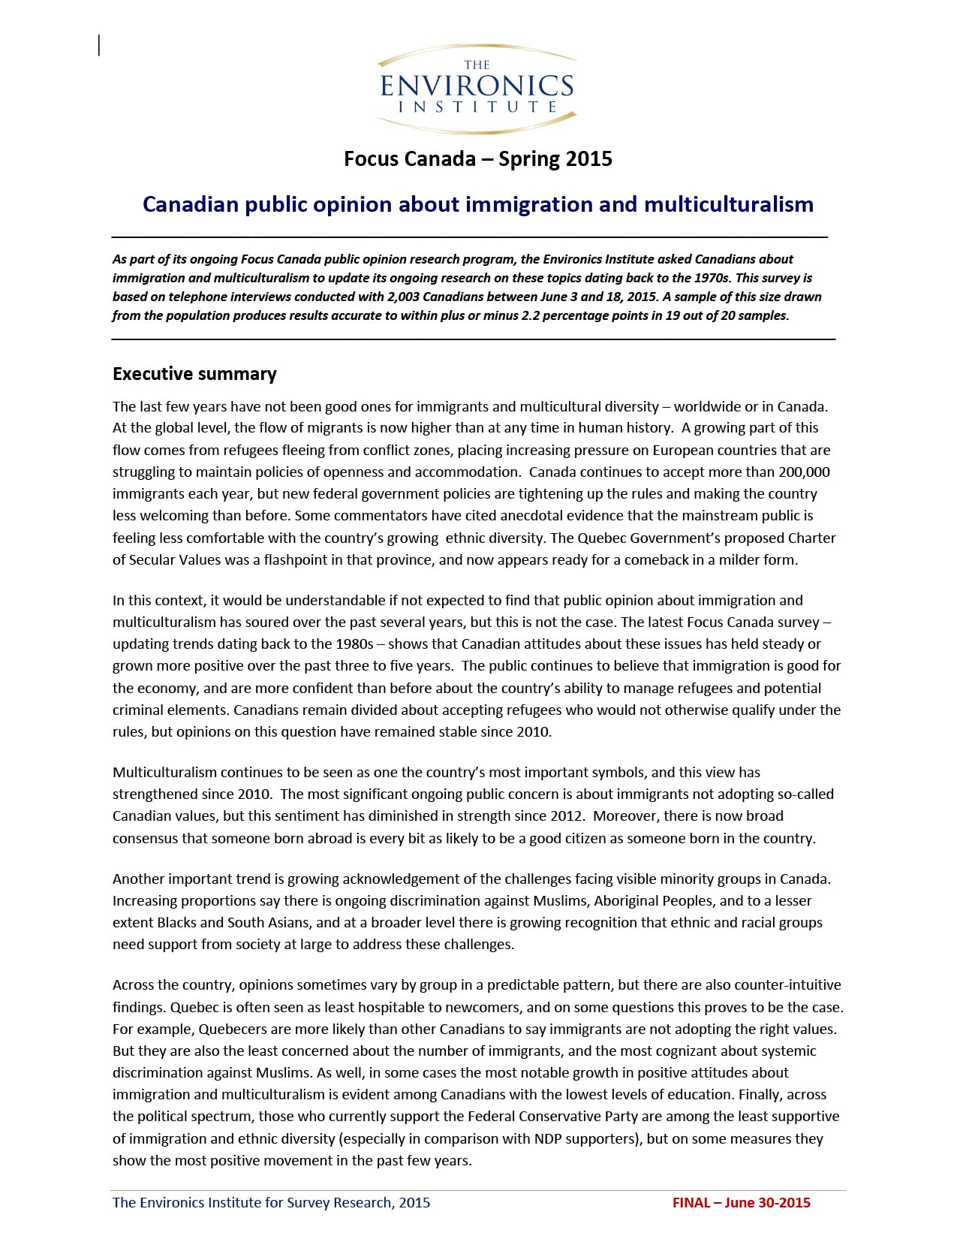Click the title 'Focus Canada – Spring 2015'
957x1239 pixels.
point(477,159)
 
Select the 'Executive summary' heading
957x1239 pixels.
point(194,374)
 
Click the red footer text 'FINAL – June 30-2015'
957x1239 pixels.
point(741,1203)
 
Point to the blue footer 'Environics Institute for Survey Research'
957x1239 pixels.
point(272,1203)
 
